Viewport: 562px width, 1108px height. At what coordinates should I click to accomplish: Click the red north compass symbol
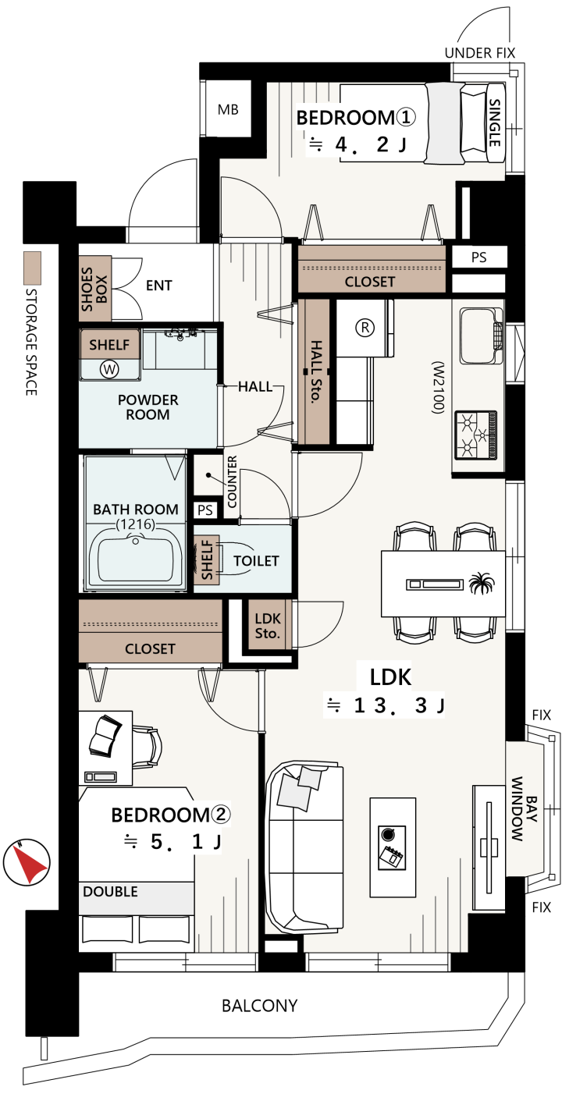[27, 861]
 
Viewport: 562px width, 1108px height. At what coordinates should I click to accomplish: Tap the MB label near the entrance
[228, 109]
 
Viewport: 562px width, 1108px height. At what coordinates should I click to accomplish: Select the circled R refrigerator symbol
[365, 327]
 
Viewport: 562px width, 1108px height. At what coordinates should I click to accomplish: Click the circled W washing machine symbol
[108, 368]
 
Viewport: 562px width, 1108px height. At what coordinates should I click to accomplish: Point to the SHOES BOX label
[94, 289]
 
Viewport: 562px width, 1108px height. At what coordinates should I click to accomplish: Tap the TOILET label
[256, 560]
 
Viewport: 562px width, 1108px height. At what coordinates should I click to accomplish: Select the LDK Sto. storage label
[268, 626]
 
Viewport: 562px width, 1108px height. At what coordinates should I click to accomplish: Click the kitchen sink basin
[478, 336]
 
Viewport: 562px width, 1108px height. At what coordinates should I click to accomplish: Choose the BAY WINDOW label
[524, 808]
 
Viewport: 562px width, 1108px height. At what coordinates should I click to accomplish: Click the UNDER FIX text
[480, 53]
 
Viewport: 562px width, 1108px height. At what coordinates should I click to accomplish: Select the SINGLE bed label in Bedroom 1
[495, 123]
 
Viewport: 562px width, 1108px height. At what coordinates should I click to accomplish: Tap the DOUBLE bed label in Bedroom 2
[110, 891]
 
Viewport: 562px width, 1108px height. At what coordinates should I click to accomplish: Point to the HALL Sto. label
[316, 371]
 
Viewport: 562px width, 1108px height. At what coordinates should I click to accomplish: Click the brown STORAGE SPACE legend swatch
[33, 268]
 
